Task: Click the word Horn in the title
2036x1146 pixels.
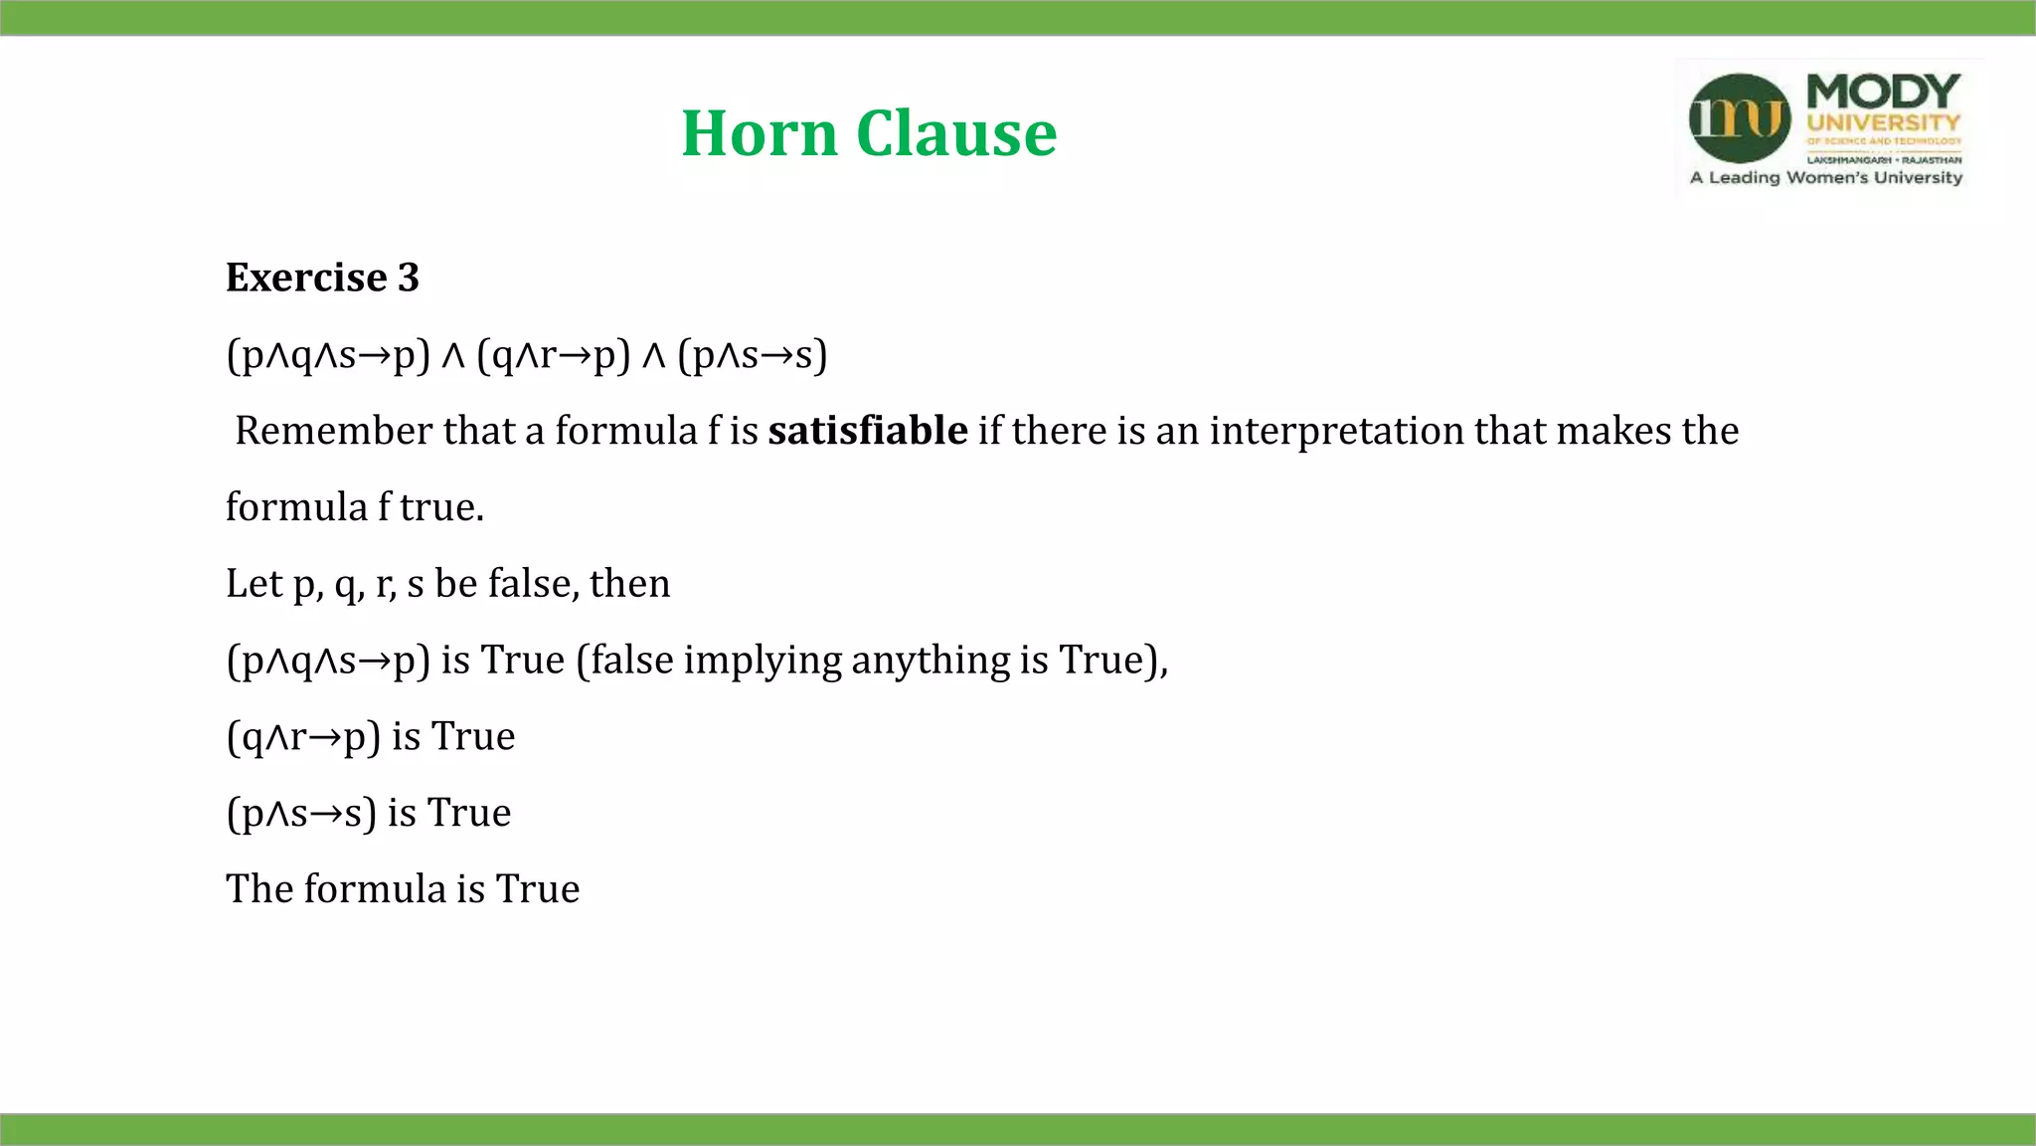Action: coord(760,133)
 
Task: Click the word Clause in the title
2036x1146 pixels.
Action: coord(956,133)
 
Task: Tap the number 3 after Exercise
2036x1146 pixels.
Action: coord(408,278)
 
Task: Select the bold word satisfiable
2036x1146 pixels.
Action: coord(868,431)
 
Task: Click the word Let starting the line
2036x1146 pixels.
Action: coord(254,583)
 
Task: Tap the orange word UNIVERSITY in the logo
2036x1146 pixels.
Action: coord(1883,123)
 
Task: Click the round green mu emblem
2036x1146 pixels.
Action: coord(1740,118)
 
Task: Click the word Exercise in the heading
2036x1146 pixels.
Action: coord(306,278)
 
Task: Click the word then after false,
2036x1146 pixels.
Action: coord(629,583)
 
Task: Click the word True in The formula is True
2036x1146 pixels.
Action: coord(538,889)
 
